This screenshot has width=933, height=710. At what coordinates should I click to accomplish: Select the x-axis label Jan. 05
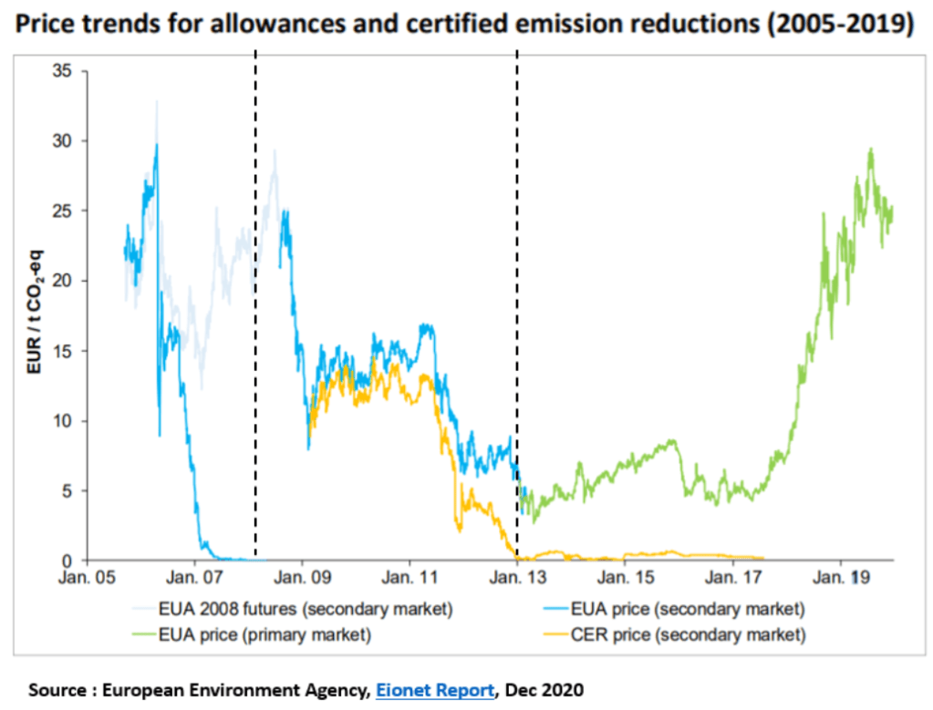click(88, 578)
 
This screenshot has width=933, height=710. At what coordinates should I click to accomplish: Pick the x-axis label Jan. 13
click(517, 578)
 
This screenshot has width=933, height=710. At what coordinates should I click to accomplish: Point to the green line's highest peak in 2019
click(871, 149)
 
